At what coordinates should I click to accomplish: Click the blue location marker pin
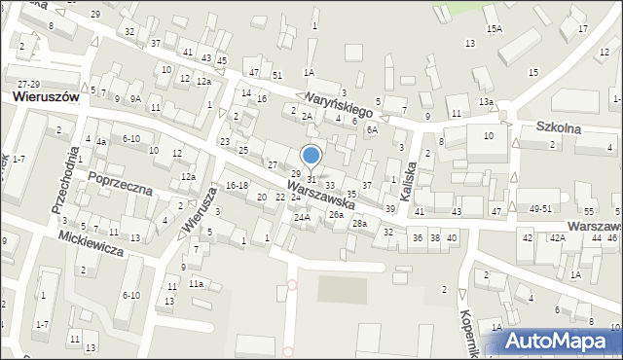click(x=311, y=156)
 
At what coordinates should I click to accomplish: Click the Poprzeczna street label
click(x=120, y=182)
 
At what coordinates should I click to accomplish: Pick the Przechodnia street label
click(x=64, y=181)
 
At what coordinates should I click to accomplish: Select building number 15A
click(x=495, y=29)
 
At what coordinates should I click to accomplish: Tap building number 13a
click(x=485, y=102)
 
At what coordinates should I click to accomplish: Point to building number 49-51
click(x=540, y=209)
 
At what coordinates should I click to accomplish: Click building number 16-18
click(x=236, y=185)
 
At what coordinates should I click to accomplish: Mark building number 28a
click(x=359, y=224)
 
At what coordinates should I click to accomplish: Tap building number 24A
click(x=302, y=218)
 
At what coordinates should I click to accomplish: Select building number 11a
click(x=196, y=283)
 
